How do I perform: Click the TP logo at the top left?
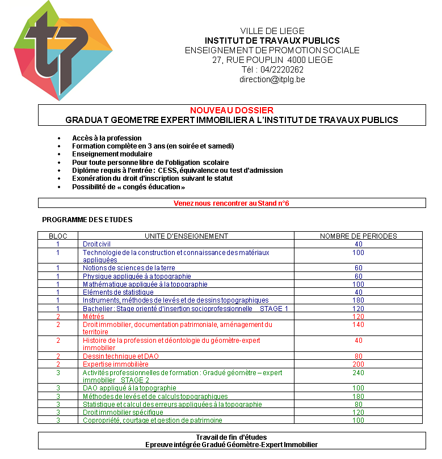62,52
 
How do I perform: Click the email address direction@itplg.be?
272,79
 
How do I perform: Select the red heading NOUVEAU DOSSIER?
231,110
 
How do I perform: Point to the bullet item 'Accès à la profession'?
107,138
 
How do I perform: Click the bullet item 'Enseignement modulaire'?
112,154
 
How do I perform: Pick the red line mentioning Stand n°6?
231,203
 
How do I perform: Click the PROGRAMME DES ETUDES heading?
87,219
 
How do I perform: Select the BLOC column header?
58,236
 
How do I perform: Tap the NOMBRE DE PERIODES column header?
358,236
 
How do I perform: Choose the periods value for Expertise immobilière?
358,364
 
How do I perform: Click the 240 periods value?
358,373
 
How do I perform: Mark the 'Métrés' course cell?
94,316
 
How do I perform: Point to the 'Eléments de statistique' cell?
118,292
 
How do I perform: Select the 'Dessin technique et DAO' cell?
121,356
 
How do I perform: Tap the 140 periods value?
358,325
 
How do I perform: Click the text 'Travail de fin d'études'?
231,437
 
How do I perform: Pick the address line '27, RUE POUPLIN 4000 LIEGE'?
272,60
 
